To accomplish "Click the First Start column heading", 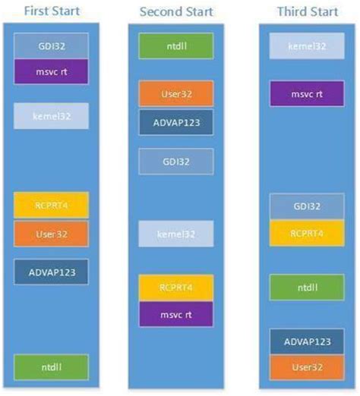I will [x=51, y=12].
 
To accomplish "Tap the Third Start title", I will [x=307, y=12].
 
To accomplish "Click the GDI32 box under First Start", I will [x=51, y=46].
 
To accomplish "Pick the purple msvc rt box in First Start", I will [x=51, y=72].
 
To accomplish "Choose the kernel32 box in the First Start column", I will [x=51, y=116].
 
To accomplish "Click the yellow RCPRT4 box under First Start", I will [x=51, y=205].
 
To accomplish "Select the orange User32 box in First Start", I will [x=51, y=234].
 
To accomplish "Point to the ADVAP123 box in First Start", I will [x=51, y=271].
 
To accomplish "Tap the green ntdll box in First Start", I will [x=51, y=366].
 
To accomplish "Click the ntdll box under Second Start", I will [x=175, y=46].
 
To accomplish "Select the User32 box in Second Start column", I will [x=175, y=94].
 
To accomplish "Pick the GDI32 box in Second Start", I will [x=175, y=162].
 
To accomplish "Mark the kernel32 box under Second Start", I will [x=175, y=234].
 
